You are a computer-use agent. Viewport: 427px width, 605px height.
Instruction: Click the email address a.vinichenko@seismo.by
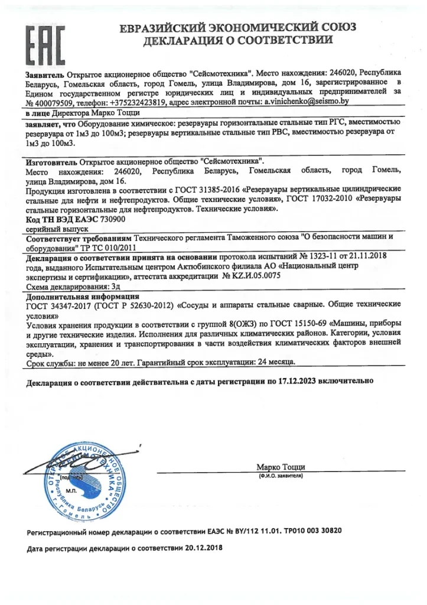tap(307, 102)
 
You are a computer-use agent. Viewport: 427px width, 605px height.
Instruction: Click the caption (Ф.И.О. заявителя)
tap(281, 476)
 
